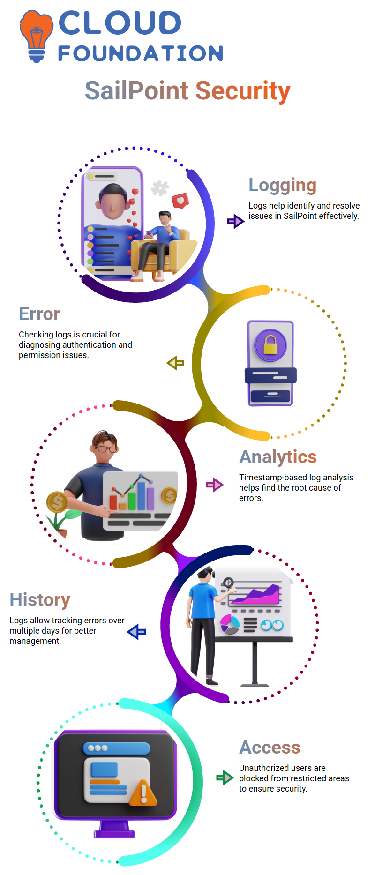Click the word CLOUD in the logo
120,23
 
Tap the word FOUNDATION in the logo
141,53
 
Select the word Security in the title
243,91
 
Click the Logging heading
283,186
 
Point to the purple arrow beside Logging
236,221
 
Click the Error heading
39,314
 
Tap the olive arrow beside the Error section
175,363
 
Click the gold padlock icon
270,345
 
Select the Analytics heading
278,457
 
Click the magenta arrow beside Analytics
215,485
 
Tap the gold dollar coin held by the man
57,502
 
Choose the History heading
40,600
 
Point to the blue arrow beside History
136,632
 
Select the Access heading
270,748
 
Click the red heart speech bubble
180,201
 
